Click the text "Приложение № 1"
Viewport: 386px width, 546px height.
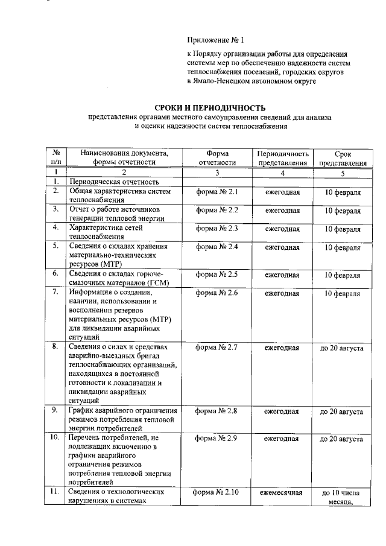point(216,41)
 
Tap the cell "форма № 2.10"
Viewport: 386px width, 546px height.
point(217,492)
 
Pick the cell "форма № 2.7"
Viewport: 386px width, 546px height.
point(218,347)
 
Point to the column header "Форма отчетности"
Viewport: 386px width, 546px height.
point(217,158)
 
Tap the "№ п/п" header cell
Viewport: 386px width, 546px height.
point(55,158)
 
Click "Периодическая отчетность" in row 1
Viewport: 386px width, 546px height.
point(114,181)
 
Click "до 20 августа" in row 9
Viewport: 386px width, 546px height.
point(341,411)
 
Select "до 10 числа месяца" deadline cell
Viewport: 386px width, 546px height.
point(341,497)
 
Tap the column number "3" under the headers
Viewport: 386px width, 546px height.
point(217,173)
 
